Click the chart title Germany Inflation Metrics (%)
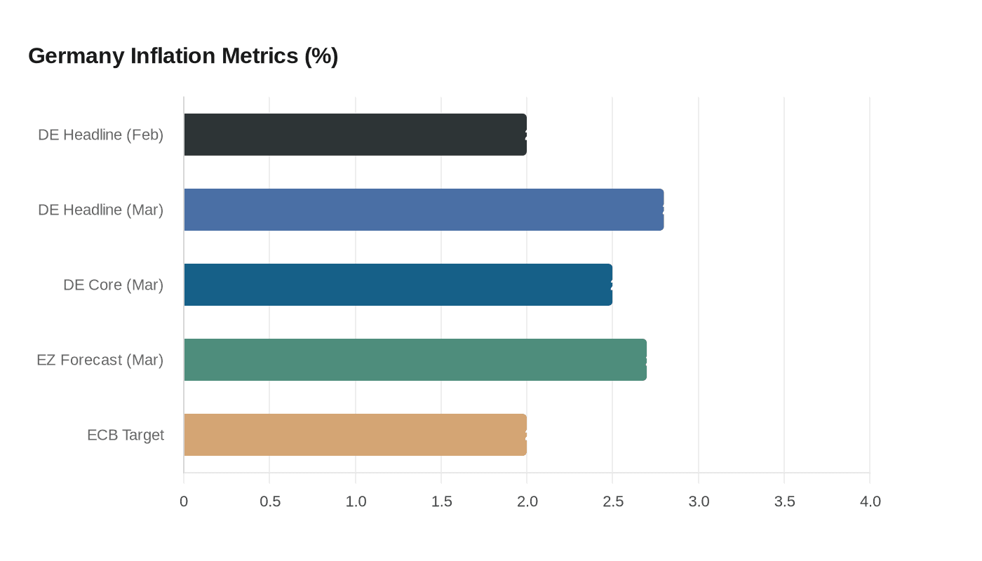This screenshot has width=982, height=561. point(183,55)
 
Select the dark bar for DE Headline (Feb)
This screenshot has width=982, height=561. point(355,135)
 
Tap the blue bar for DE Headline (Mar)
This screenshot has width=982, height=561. point(424,210)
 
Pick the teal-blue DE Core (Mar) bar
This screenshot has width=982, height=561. point(398,285)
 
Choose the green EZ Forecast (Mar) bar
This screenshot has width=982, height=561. point(415,360)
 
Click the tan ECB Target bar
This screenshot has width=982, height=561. point(355,435)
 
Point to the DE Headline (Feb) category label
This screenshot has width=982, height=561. point(101,135)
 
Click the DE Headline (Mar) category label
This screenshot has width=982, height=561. point(101,210)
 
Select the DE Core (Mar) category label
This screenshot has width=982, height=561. point(113,285)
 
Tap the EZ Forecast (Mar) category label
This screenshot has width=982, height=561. point(100,360)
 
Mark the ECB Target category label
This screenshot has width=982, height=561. point(126,435)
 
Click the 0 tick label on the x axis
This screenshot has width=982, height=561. point(184,501)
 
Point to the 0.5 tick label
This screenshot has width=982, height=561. point(270,501)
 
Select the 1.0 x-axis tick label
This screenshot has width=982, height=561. point(356,501)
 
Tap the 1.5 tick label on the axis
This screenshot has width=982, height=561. point(441,501)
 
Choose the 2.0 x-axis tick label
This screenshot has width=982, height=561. point(527,501)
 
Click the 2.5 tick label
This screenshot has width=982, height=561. point(613,501)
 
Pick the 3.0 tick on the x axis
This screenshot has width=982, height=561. point(699,501)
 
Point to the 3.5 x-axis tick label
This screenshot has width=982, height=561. point(784,501)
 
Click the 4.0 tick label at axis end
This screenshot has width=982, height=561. point(870,501)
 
